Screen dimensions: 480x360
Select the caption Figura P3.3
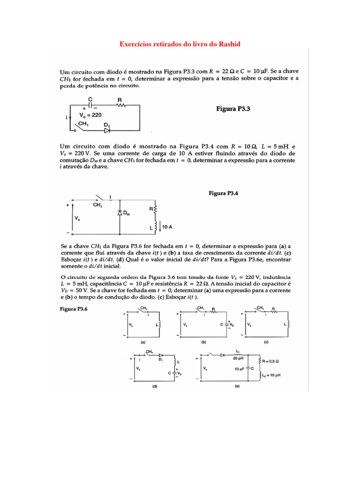pos(234,108)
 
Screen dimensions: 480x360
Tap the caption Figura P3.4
pos(224,193)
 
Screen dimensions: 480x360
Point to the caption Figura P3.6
pos(74,309)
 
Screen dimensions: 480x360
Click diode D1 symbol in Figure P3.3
pos(107,129)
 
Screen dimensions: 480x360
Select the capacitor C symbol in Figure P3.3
pos(90,106)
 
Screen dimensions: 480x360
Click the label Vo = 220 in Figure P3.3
pos(91,115)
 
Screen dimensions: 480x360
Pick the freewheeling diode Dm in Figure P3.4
pos(120,212)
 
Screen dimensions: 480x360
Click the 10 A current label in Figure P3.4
pos(167,226)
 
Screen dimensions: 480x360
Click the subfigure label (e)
pos(237,387)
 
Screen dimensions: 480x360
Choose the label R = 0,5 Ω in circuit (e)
pos(271,361)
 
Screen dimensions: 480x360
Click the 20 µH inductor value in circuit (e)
pos(238,359)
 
